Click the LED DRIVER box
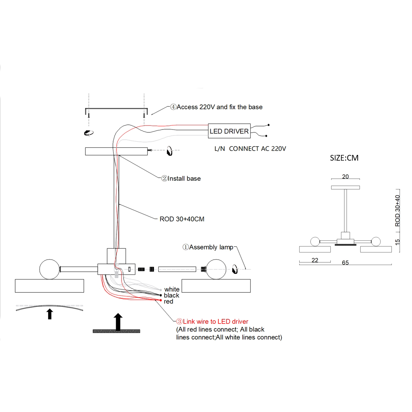pos(229,131)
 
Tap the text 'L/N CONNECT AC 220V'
pos(250,149)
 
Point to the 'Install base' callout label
pos(181,178)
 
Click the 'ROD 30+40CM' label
pos(182,219)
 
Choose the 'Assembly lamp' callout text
pos(208,247)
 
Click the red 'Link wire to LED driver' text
pos(212,322)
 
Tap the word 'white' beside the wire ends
pos(172,289)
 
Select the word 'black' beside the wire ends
pos(172,295)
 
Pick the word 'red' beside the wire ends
pos(169,302)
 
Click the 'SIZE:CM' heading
pos(344,158)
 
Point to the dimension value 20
pos(345,177)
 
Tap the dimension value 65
pos(345,262)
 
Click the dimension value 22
pos(315,260)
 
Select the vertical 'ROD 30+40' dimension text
pos(398,211)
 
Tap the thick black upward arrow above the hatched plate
pos(118,322)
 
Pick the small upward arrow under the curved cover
pos(49,314)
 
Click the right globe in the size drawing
pos(376,241)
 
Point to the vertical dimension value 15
pos(398,242)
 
